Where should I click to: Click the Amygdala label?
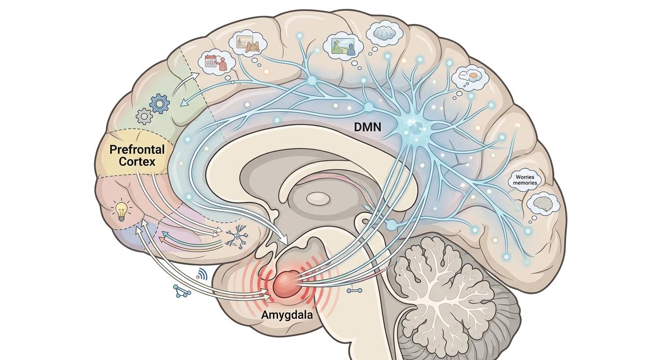click(286, 315)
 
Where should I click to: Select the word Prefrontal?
click(136, 150)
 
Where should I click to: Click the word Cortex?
click(137, 162)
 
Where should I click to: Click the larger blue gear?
click(160, 103)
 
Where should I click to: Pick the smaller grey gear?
click(144, 115)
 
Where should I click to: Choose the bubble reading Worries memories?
click(525, 180)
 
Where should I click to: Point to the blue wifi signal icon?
click(202, 275)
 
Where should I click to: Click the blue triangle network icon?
click(181, 291)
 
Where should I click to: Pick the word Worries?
click(525, 177)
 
